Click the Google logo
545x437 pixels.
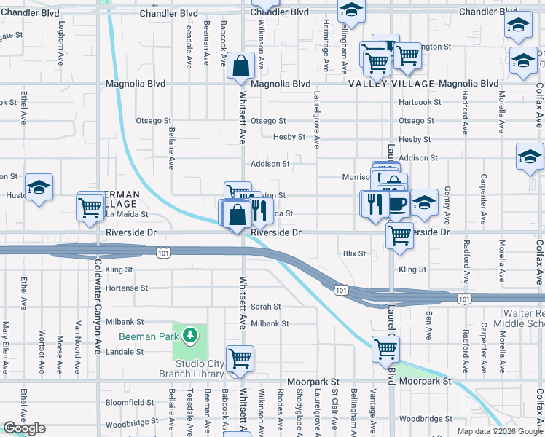click(24, 428)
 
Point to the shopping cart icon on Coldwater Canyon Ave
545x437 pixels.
click(91, 206)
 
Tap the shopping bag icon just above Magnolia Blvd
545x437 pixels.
click(240, 66)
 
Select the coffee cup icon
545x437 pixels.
click(397, 203)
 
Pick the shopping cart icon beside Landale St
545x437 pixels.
click(240, 358)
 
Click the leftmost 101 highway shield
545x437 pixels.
click(163, 252)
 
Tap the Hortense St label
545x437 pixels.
click(127, 288)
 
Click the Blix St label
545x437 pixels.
click(353, 253)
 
